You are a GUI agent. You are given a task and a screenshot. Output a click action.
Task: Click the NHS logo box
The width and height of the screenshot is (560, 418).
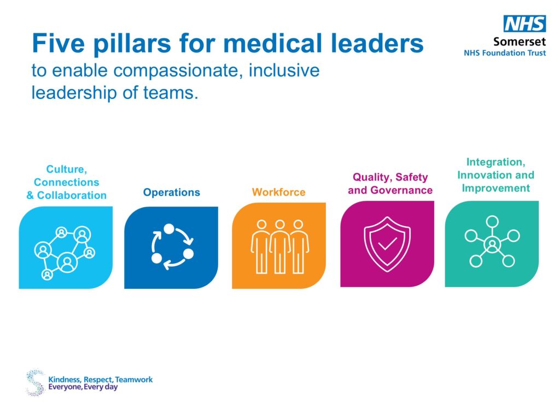point(524,23)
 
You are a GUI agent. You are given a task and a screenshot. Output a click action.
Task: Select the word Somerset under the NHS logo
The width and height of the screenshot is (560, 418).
point(520,42)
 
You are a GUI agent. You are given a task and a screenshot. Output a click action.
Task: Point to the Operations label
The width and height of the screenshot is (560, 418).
point(171,192)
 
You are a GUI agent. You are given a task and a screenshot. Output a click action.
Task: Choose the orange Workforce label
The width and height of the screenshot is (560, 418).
point(278,192)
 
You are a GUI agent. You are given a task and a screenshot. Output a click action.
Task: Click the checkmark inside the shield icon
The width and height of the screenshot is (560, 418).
point(387,244)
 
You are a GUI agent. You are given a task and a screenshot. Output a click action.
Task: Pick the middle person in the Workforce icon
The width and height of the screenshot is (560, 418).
point(279,246)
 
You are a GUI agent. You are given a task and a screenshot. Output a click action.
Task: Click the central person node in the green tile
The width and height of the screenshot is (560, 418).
point(492,245)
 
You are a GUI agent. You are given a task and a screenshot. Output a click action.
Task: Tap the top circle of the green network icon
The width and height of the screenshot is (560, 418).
point(492,222)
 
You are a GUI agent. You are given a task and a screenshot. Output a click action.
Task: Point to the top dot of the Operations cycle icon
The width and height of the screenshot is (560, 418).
point(169,228)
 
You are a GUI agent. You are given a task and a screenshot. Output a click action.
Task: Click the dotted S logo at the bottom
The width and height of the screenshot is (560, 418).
point(36,382)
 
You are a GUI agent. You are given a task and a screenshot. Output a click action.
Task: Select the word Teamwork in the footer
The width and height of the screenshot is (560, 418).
point(134,379)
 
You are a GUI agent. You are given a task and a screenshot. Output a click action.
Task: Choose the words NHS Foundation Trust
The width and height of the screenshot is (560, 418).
point(505,53)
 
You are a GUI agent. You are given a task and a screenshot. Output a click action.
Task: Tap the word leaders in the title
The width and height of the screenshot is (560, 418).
point(377,44)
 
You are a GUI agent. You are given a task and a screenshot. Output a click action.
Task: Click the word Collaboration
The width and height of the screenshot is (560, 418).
point(72,195)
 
